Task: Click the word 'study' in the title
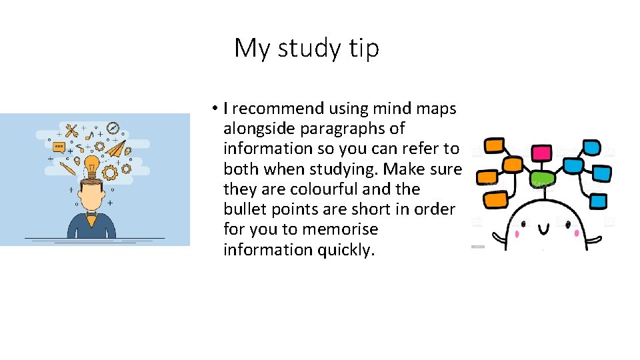[x=307, y=49]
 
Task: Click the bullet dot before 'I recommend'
[x=216, y=109]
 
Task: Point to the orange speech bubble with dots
[x=59, y=146]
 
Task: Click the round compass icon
[x=111, y=127]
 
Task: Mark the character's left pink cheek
[x=517, y=233]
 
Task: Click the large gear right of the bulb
[x=111, y=171]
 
